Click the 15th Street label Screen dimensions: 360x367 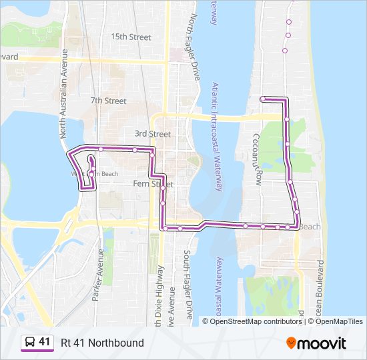pos(131,37)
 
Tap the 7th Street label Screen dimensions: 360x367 pos(108,101)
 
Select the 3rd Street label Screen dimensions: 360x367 pos(152,134)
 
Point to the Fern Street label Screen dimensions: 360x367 pos(153,183)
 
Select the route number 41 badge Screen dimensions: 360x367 pos(45,342)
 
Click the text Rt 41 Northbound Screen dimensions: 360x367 pos(102,343)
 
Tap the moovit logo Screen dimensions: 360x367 pos(316,343)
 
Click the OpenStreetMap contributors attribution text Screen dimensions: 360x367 pos(256,321)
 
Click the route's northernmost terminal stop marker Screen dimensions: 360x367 pos(263,99)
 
